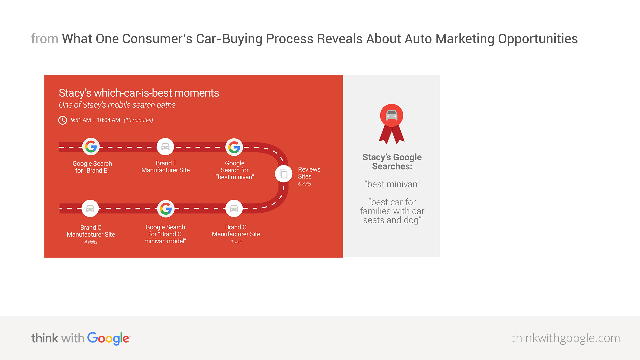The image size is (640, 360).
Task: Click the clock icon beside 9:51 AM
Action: [x=63, y=120]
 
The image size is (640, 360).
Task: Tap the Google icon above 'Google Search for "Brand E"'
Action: [x=91, y=147]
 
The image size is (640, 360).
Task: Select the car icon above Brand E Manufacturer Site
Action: [x=165, y=147]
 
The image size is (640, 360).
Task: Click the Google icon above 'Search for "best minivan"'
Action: [x=234, y=147]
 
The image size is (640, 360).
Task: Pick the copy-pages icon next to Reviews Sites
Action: [x=284, y=174]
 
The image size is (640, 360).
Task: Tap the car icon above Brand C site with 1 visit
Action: [x=234, y=209]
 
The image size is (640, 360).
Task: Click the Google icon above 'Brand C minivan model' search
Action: [x=166, y=209]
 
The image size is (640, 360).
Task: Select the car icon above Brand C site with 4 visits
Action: [x=90, y=209]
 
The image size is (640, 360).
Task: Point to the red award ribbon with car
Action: [x=392, y=124]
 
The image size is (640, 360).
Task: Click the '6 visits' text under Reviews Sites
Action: [x=304, y=184]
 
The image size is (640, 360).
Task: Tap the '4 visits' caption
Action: [x=91, y=242]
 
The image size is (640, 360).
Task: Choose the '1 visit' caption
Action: [x=236, y=242]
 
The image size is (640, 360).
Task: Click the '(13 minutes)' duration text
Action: [x=138, y=120]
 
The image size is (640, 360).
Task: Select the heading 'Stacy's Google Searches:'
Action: [x=392, y=162]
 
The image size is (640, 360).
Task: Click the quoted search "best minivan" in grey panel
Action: [x=392, y=184]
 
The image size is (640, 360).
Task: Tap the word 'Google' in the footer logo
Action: [x=108, y=339]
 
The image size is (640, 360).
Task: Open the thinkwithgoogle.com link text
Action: [x=566, y=338]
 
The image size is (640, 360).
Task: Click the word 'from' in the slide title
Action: [x=45, y=39]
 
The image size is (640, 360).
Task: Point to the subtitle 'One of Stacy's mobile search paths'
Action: [x=117, y=105]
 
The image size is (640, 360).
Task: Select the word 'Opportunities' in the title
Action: [x=538, y=39]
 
